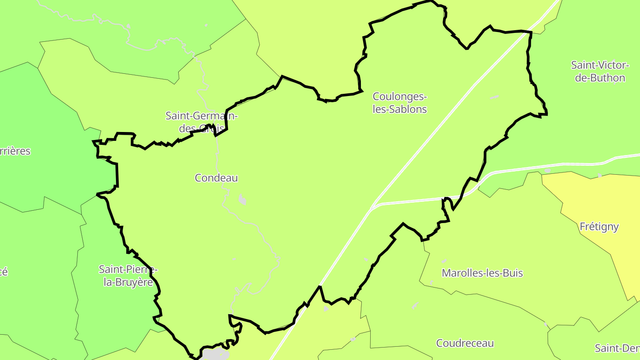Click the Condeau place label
point(216,178)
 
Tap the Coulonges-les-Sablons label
point(400,103)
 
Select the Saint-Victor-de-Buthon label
point(600,72)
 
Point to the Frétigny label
point(599,227)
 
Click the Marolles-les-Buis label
point(482,273)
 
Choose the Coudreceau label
point(465,343)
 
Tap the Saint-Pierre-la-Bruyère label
point(128,276)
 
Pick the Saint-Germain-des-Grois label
point(201,122)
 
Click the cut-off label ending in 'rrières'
point(15,151)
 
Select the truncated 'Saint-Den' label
point(617,348)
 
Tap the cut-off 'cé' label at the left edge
point(4,272)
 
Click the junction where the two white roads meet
point(373,206)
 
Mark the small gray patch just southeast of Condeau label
point(242,200)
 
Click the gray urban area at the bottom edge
point(216,355)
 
